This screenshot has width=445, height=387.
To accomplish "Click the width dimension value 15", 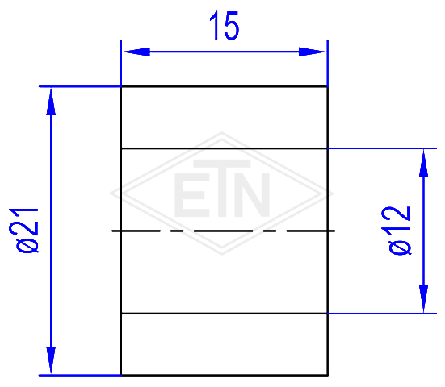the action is (225, 26).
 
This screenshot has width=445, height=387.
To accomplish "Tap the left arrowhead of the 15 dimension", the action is (136, 52).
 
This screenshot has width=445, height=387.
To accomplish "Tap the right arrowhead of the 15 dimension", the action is (313, 52).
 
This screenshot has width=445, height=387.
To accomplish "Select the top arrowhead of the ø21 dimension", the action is (51, 102).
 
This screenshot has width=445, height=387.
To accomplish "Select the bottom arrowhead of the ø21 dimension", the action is (51, 360).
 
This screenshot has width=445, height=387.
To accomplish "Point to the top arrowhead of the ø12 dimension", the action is (423, 164).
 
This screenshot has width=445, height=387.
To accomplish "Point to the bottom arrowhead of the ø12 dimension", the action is (423, 298).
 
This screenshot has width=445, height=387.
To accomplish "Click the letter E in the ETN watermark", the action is (192, 195).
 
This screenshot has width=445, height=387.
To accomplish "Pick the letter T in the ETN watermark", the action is (222, 189).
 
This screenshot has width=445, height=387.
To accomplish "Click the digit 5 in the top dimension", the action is (232, 26).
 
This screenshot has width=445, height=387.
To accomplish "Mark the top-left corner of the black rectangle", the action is (121, 86).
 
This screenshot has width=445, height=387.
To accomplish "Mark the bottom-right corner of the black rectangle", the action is (328, 375).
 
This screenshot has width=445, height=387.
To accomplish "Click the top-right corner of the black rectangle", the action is (328, 86).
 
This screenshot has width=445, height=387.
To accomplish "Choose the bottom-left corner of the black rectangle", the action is (121, 375).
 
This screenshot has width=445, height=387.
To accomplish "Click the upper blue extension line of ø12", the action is (382, 148).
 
